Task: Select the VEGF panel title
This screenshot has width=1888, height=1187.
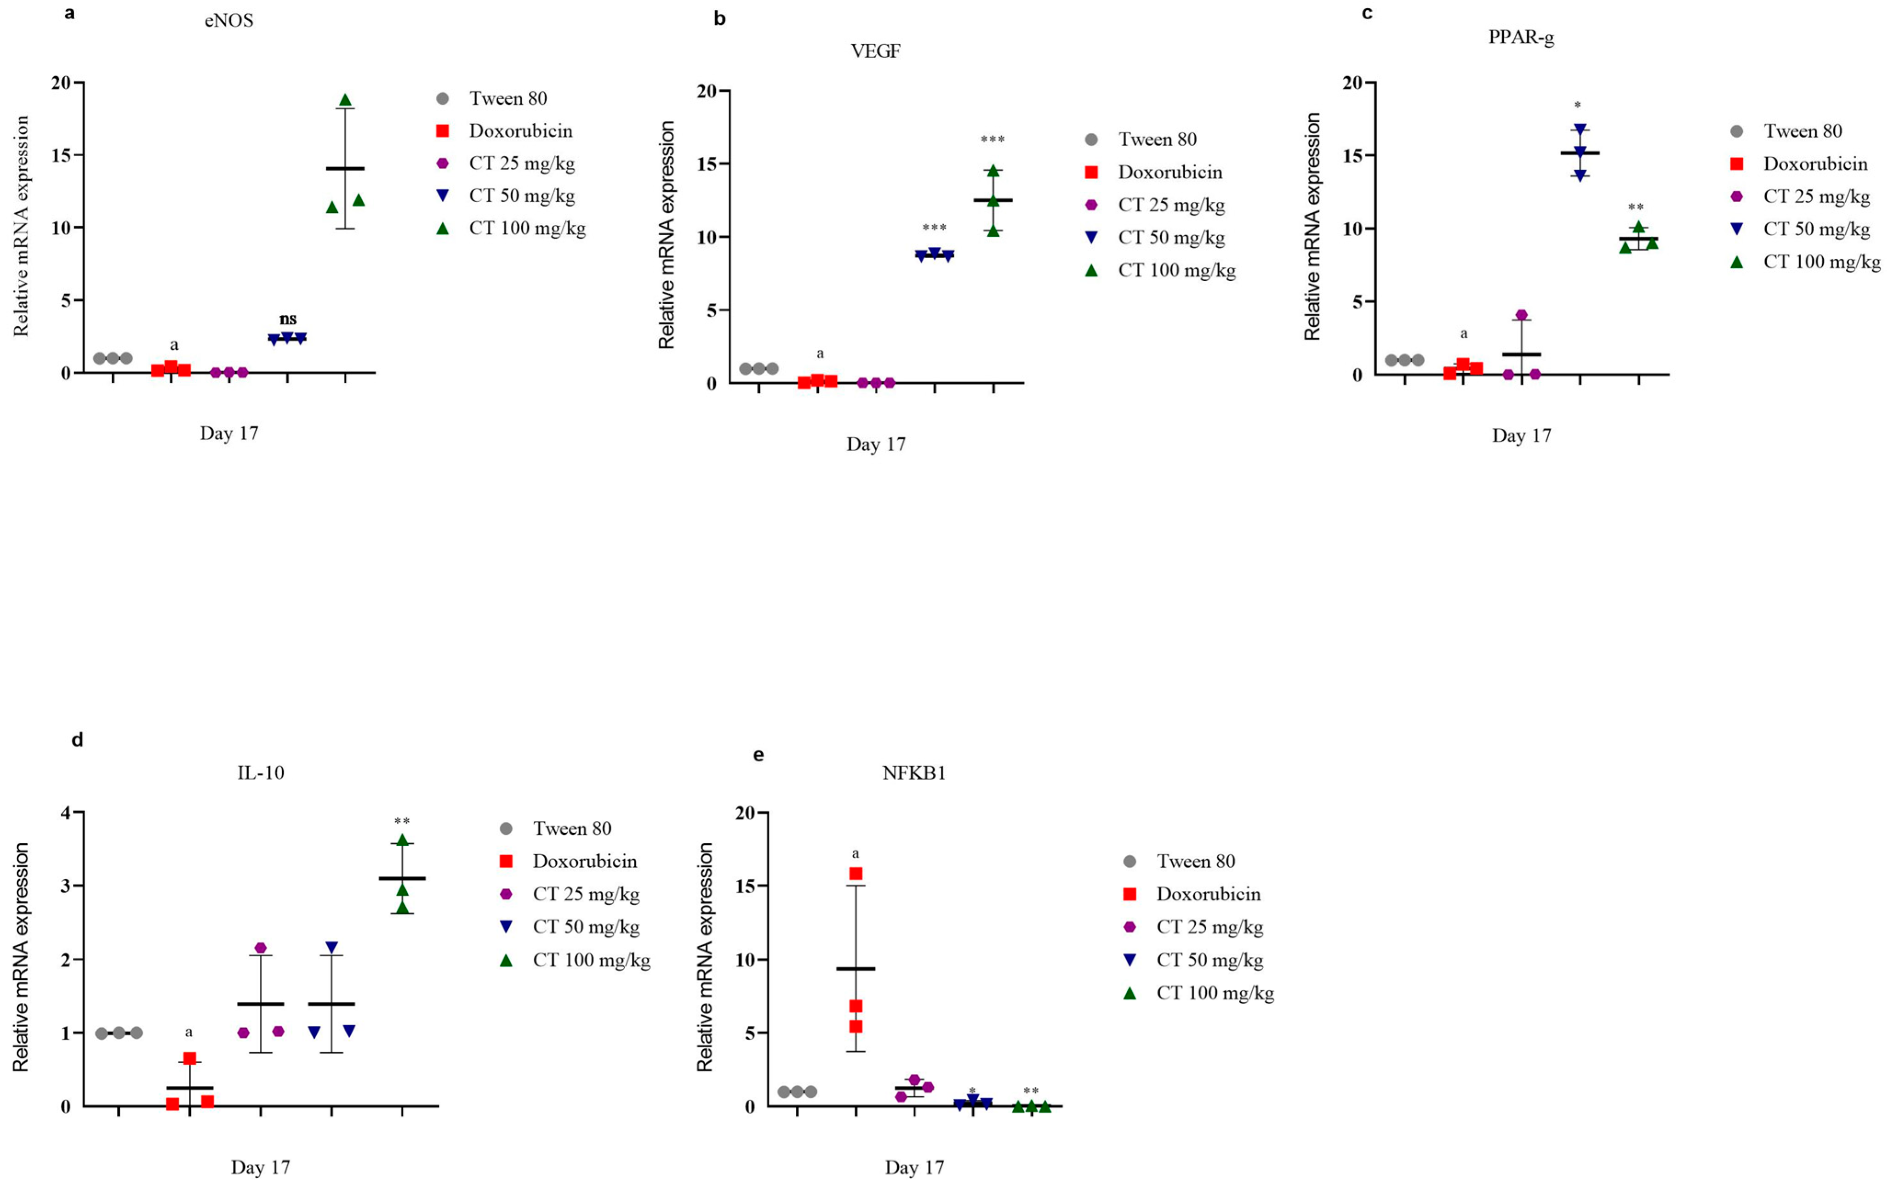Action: point(876,52)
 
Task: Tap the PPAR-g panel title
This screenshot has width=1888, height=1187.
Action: point(1521,38)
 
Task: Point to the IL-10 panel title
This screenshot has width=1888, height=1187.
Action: point(260,773)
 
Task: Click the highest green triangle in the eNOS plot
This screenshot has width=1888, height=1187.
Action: point(345,100)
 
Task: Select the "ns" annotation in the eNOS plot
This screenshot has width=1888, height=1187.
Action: point(288,319)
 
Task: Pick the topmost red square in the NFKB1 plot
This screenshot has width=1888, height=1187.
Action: point(856,874)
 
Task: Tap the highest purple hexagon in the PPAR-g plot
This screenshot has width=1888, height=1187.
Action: point(1521,315)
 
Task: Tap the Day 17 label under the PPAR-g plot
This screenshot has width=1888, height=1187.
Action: point(1521,436)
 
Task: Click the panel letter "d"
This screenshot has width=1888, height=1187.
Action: point(77,740)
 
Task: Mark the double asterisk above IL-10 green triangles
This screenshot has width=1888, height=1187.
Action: point(401,822)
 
